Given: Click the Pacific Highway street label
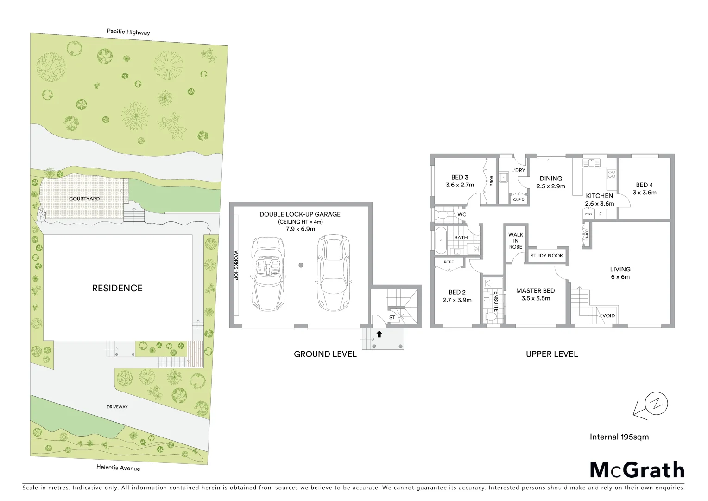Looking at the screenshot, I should [x=128, y=32].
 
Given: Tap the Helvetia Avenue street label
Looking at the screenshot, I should [x=118, y=468].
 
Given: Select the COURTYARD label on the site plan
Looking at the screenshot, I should [x=84, y=199].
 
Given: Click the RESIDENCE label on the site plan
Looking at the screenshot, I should [x=117, y=288].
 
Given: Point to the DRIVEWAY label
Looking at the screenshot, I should [x=117, y=407].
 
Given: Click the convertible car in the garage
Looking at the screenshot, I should [x=267, y=274].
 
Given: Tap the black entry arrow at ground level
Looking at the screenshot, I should [x=379, y=333].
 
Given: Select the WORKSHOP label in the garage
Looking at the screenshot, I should [x=236, y=265].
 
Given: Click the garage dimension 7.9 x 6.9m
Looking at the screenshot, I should [x=300, y=229].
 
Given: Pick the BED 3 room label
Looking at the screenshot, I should [x=460, y=177].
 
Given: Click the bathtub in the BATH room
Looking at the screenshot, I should [x=440, y=240].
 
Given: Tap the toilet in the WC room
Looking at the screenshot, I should [x=442, y=215].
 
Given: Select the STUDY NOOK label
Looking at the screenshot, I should [x=547, y=256].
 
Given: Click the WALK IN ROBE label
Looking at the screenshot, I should [x=515, y=241].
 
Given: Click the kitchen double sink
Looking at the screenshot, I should [x=591, y=163].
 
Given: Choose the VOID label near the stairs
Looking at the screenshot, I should [x=608, y=315].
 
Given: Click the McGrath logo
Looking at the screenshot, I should [x=637, y=470].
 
